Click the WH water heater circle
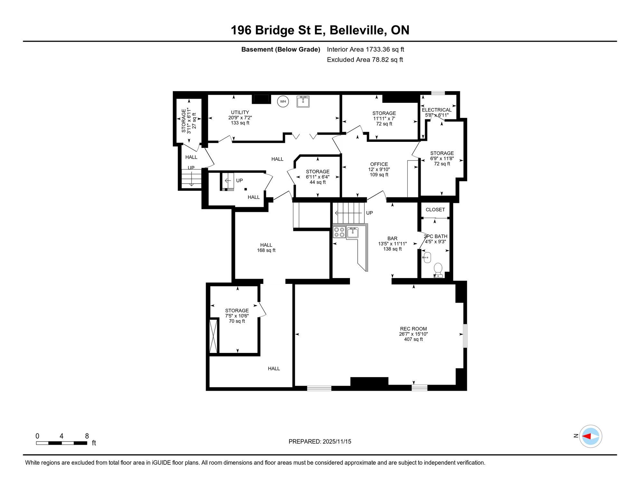[283, 102]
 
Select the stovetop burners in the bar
[339, 232]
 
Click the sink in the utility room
[303, 101]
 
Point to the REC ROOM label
[413, 329]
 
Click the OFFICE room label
[379, 164]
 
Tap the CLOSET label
[435, 209]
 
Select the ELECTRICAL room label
[437, 110]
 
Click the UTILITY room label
[240, 112]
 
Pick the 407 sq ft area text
[413, 339]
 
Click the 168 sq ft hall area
[266, 250]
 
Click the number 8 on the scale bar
[87, 436]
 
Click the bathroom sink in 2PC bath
[427, 257]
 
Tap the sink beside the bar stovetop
[353, 232]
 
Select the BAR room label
[392, 238]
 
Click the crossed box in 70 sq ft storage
[213, 336]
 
